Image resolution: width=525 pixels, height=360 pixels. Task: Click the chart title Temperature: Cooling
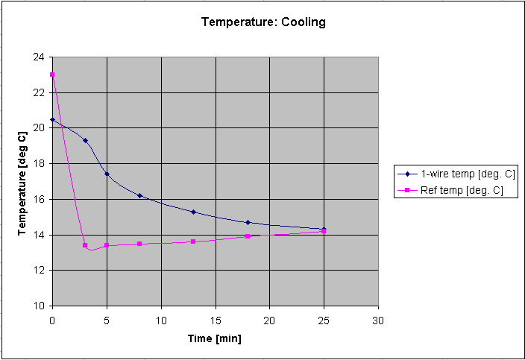[263, 22]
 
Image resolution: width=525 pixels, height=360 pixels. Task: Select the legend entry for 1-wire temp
[468, 174]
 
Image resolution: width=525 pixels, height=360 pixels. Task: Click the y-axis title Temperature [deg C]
[23, 181]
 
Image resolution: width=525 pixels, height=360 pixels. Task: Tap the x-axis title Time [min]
[215, 338]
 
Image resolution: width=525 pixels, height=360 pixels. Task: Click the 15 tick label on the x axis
[215, 319]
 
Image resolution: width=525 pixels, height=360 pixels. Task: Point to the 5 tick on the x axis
[107, 319]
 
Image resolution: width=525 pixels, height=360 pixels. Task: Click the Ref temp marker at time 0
[52, 75]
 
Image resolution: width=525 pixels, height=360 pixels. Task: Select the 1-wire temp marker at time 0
[52, 119]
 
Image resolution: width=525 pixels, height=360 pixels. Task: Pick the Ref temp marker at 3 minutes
[85, 245]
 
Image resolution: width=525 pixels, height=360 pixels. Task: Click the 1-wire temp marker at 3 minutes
[85, 140]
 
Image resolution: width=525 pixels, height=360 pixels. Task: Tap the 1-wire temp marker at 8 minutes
[139, 195]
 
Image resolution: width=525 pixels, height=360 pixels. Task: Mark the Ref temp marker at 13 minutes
[193, 241]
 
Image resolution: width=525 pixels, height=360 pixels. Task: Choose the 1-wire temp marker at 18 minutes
[248, 222]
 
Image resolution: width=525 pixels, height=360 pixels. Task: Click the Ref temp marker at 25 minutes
[324, 231]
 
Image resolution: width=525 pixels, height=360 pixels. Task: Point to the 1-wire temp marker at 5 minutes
[107, 174]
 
